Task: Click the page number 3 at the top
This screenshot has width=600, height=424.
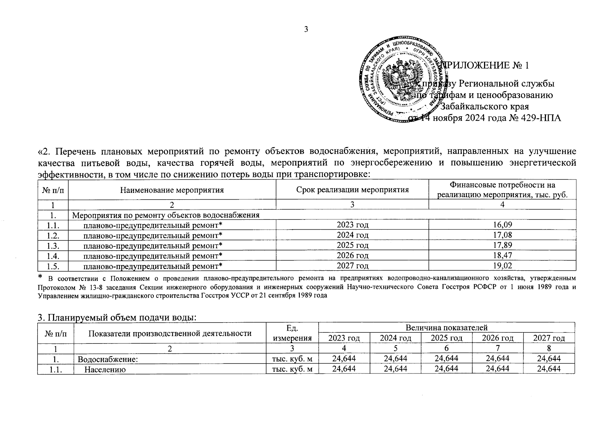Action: pos(306,29)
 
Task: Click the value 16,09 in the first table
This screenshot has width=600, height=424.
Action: pos(502,225)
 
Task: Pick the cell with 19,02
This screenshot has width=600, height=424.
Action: pos(502,266)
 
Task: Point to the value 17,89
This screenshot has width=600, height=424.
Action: pos(502,245)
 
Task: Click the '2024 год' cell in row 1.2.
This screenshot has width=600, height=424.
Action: pos(352,235)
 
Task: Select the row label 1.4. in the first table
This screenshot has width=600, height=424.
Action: pos(53,255)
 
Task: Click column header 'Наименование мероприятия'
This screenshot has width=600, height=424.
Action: pos(172,190)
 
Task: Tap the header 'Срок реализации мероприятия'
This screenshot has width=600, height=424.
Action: pos(352,190)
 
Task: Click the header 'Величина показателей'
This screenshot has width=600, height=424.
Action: pos(447,328)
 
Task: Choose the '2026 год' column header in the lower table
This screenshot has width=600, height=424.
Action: pos(497,338)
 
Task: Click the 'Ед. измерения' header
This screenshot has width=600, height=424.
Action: pos(292,333)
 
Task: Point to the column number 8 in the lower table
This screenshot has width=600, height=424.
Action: pos(549,348)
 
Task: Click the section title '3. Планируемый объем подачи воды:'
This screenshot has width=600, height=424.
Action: pos(117,318)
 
